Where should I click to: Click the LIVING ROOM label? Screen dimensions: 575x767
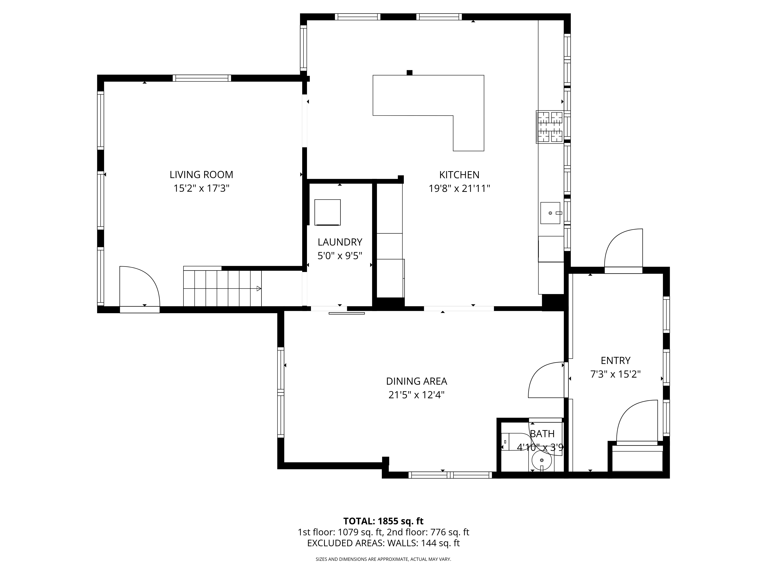[x=201, y=174]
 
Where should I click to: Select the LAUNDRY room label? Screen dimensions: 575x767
[x=340, y=242]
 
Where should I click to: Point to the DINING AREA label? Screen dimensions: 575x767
[x=416, y=381]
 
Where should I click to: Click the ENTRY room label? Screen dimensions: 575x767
[x=616, y=361]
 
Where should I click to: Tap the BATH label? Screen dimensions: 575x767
[x=542, y=434]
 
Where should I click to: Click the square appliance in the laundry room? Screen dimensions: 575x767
[x=327, y=212]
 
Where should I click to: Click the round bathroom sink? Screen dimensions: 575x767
[x=542, y=460]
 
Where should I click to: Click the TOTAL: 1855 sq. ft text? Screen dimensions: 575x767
[x=383, y=521]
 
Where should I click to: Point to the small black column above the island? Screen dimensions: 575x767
[x=410, y=72]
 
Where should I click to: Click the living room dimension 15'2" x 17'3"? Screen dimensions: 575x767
[x=201, y=189]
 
